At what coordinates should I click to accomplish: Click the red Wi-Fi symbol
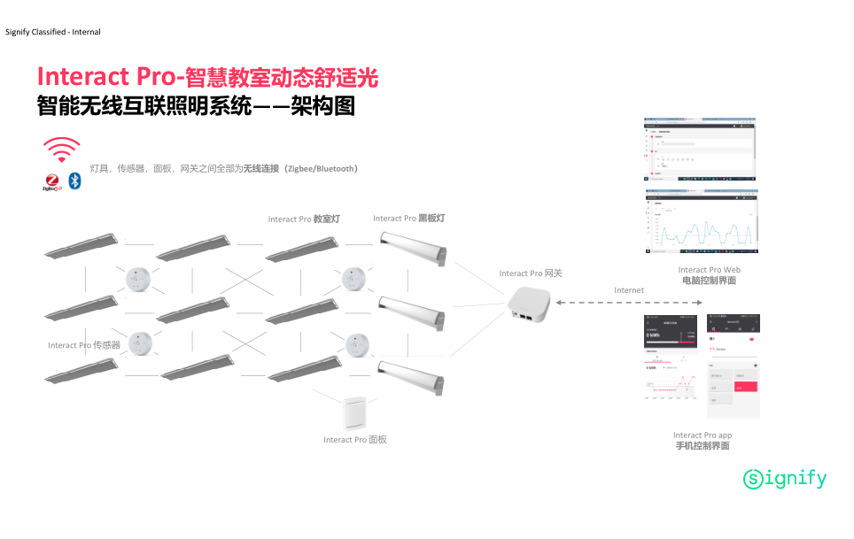pyautogui.click(x=61, y=150)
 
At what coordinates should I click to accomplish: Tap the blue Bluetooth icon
pyautogui.click(x=75, y=181)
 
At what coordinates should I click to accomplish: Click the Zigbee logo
pyautogui.click(x=51, y=182)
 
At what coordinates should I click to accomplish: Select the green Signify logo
pyautogui.click(x=785, y=479)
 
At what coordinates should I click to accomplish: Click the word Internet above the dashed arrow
pyautogui.click(x=629, y=290)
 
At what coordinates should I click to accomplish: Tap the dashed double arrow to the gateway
pyautogui.click(x=629, y=304)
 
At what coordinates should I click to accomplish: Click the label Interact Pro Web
pyautogui.click(x=709, y=270)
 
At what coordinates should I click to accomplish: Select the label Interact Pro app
pyautogui.click(x=703, y=435)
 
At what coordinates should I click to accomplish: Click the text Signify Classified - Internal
pyautogui.click(x=53, y=32)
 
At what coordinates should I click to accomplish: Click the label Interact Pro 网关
pyautogui.click(x=531, y=273)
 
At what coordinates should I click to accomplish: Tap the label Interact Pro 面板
pyautogui.click(x=355, y=440)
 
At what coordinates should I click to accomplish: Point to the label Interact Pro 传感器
pyautogui.click(x=84, y=345)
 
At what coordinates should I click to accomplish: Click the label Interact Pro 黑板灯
pyautogui.click(x=409, y=219)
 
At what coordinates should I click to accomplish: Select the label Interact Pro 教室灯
pyautogui.click(x=304, y=219)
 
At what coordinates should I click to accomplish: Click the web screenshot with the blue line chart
pyautogui.click(x=701, y=222)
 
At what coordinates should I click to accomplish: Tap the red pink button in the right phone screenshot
pyautogui.click(x=747, y=387)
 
